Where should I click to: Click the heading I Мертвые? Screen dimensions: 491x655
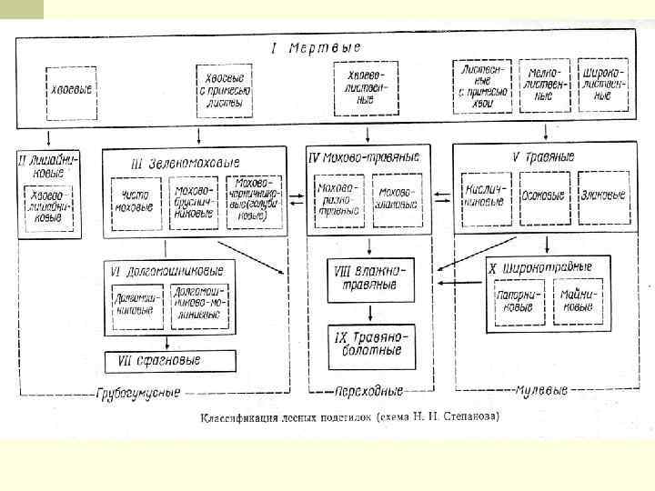pyautogui.click(x=316, y=47)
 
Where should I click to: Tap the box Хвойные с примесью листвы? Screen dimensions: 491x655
pyautogui.click(x=222, y=91)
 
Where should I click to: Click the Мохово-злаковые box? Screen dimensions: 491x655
pyautogui.click(x=397, y=197)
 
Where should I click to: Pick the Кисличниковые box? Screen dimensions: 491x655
pyautogui.click(x=485, y=196)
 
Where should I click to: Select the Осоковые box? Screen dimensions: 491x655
pyautogui.click(x=543, y=195)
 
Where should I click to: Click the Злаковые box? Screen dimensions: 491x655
pyautogui.click(x=601, y=195)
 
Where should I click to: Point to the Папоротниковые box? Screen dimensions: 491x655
pyautogui.click(x=514, y=301)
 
